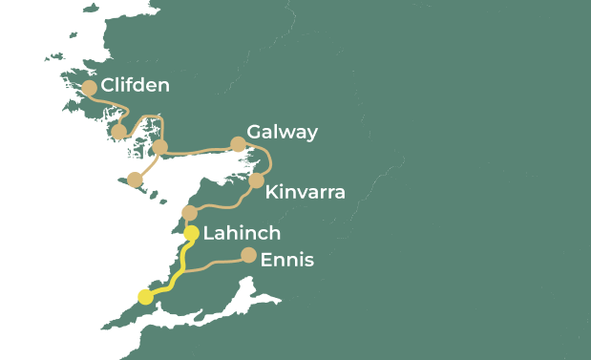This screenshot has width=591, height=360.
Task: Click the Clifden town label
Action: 136,86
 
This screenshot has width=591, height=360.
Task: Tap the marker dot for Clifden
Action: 90,88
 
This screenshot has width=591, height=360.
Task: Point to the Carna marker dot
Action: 119,132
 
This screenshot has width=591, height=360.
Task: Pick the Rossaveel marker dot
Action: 160,147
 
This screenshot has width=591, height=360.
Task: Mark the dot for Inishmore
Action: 136,180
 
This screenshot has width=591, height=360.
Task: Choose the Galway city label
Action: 282,132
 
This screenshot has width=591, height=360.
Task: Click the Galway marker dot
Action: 239,145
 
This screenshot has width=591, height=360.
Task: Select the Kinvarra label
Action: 306,192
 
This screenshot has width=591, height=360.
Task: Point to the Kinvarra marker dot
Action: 256,180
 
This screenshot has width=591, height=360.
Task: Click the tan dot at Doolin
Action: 189,212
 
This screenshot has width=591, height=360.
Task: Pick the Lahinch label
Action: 243,233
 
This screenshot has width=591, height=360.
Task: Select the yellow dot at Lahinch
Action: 192,233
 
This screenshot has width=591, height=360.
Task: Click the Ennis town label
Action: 286,259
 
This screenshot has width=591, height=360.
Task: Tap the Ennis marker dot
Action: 248,255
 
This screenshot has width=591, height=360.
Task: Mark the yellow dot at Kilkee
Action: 145,297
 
